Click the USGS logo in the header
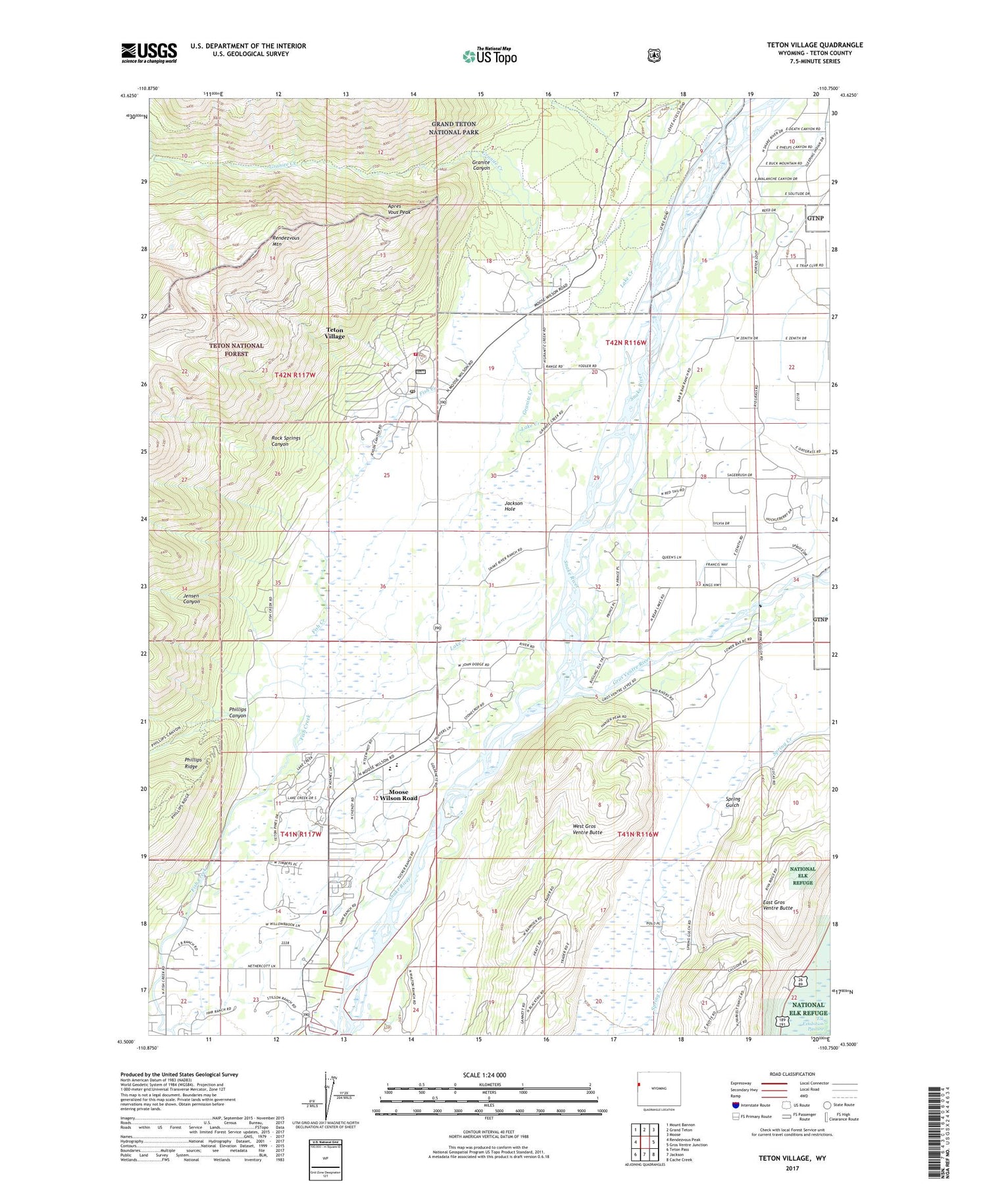[x=149, y=53]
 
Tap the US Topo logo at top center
[x=490, y=56]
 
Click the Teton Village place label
[x=334, y=333]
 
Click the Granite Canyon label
[x=481, y=165]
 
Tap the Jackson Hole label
[x=513, y=505]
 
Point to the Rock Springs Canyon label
[x=286, y=441]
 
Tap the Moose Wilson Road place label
[x=398, y=795]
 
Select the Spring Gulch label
[x=732, y=801]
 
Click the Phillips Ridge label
[x=193, y=763]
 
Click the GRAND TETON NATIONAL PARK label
[x=454, y=128]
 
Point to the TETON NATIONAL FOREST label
[x=236, y=349]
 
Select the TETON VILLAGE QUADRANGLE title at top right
[x=815, y=45]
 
